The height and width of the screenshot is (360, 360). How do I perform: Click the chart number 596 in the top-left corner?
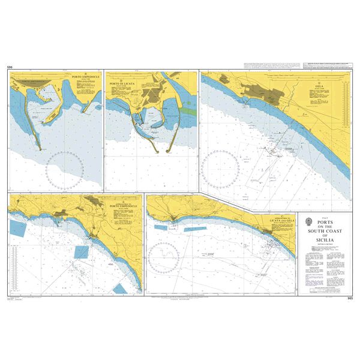[9, 68]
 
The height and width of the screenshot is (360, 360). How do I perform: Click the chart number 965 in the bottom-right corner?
[350, 298]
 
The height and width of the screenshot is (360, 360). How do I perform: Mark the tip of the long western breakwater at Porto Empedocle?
[40, 148]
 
